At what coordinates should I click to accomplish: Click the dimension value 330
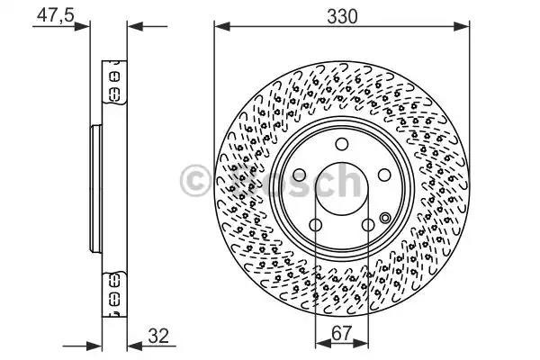pos(342,15)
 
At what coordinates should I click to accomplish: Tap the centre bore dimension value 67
pos(341,333)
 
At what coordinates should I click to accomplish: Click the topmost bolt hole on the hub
pos(341,145)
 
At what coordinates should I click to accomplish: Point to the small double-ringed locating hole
pos(386,217)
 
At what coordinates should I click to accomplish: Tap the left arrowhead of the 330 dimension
pos(219,27)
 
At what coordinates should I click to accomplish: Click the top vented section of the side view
pos(115,85)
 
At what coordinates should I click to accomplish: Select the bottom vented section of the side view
pos(115,292)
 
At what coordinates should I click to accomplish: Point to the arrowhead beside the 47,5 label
pos(87,27)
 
